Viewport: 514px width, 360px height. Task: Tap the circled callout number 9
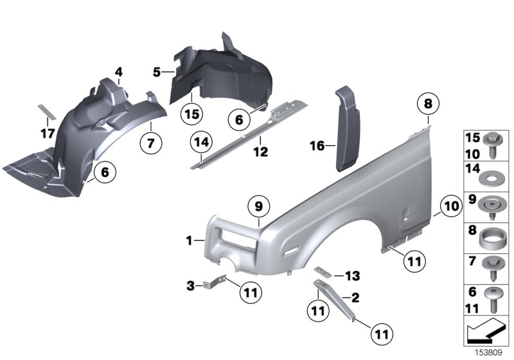click(x=258, y=206)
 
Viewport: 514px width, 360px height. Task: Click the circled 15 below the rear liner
click(x=192, y=114)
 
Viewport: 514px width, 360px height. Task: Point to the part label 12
click(x=260, y=152)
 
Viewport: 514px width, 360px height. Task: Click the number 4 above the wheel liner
click(x=118, y=71)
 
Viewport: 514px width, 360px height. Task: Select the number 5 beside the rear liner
click(x=157, y=73)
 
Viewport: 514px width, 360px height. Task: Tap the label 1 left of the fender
click(x=190, y=240)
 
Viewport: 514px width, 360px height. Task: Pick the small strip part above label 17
click(x=46, y=110)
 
